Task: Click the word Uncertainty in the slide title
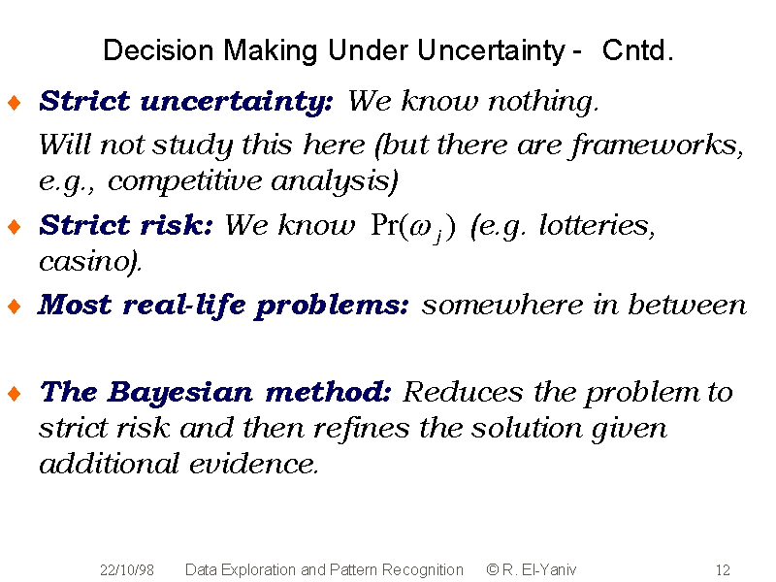click(x=491, y=50)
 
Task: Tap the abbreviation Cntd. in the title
click(x=637, y=50)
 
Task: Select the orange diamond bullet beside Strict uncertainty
click(x=15, y=103)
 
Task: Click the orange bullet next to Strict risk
click(x=15, y=227)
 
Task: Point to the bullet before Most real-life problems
click(x=15, y=306)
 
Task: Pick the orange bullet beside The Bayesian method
click(x=15, y=394)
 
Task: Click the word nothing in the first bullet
click(x=543, y=103)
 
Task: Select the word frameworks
click(x=658, y=146)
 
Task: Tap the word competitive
click(x=184, y=180)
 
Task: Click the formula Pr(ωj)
click(x=413, y=227)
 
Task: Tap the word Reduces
click(x=463, y=393)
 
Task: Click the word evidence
click(x=253, y=465)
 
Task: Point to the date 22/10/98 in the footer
click(x=127, y=570)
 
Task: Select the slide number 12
click(x=723, y=570)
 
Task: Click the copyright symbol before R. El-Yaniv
click(x=493, y=569)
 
